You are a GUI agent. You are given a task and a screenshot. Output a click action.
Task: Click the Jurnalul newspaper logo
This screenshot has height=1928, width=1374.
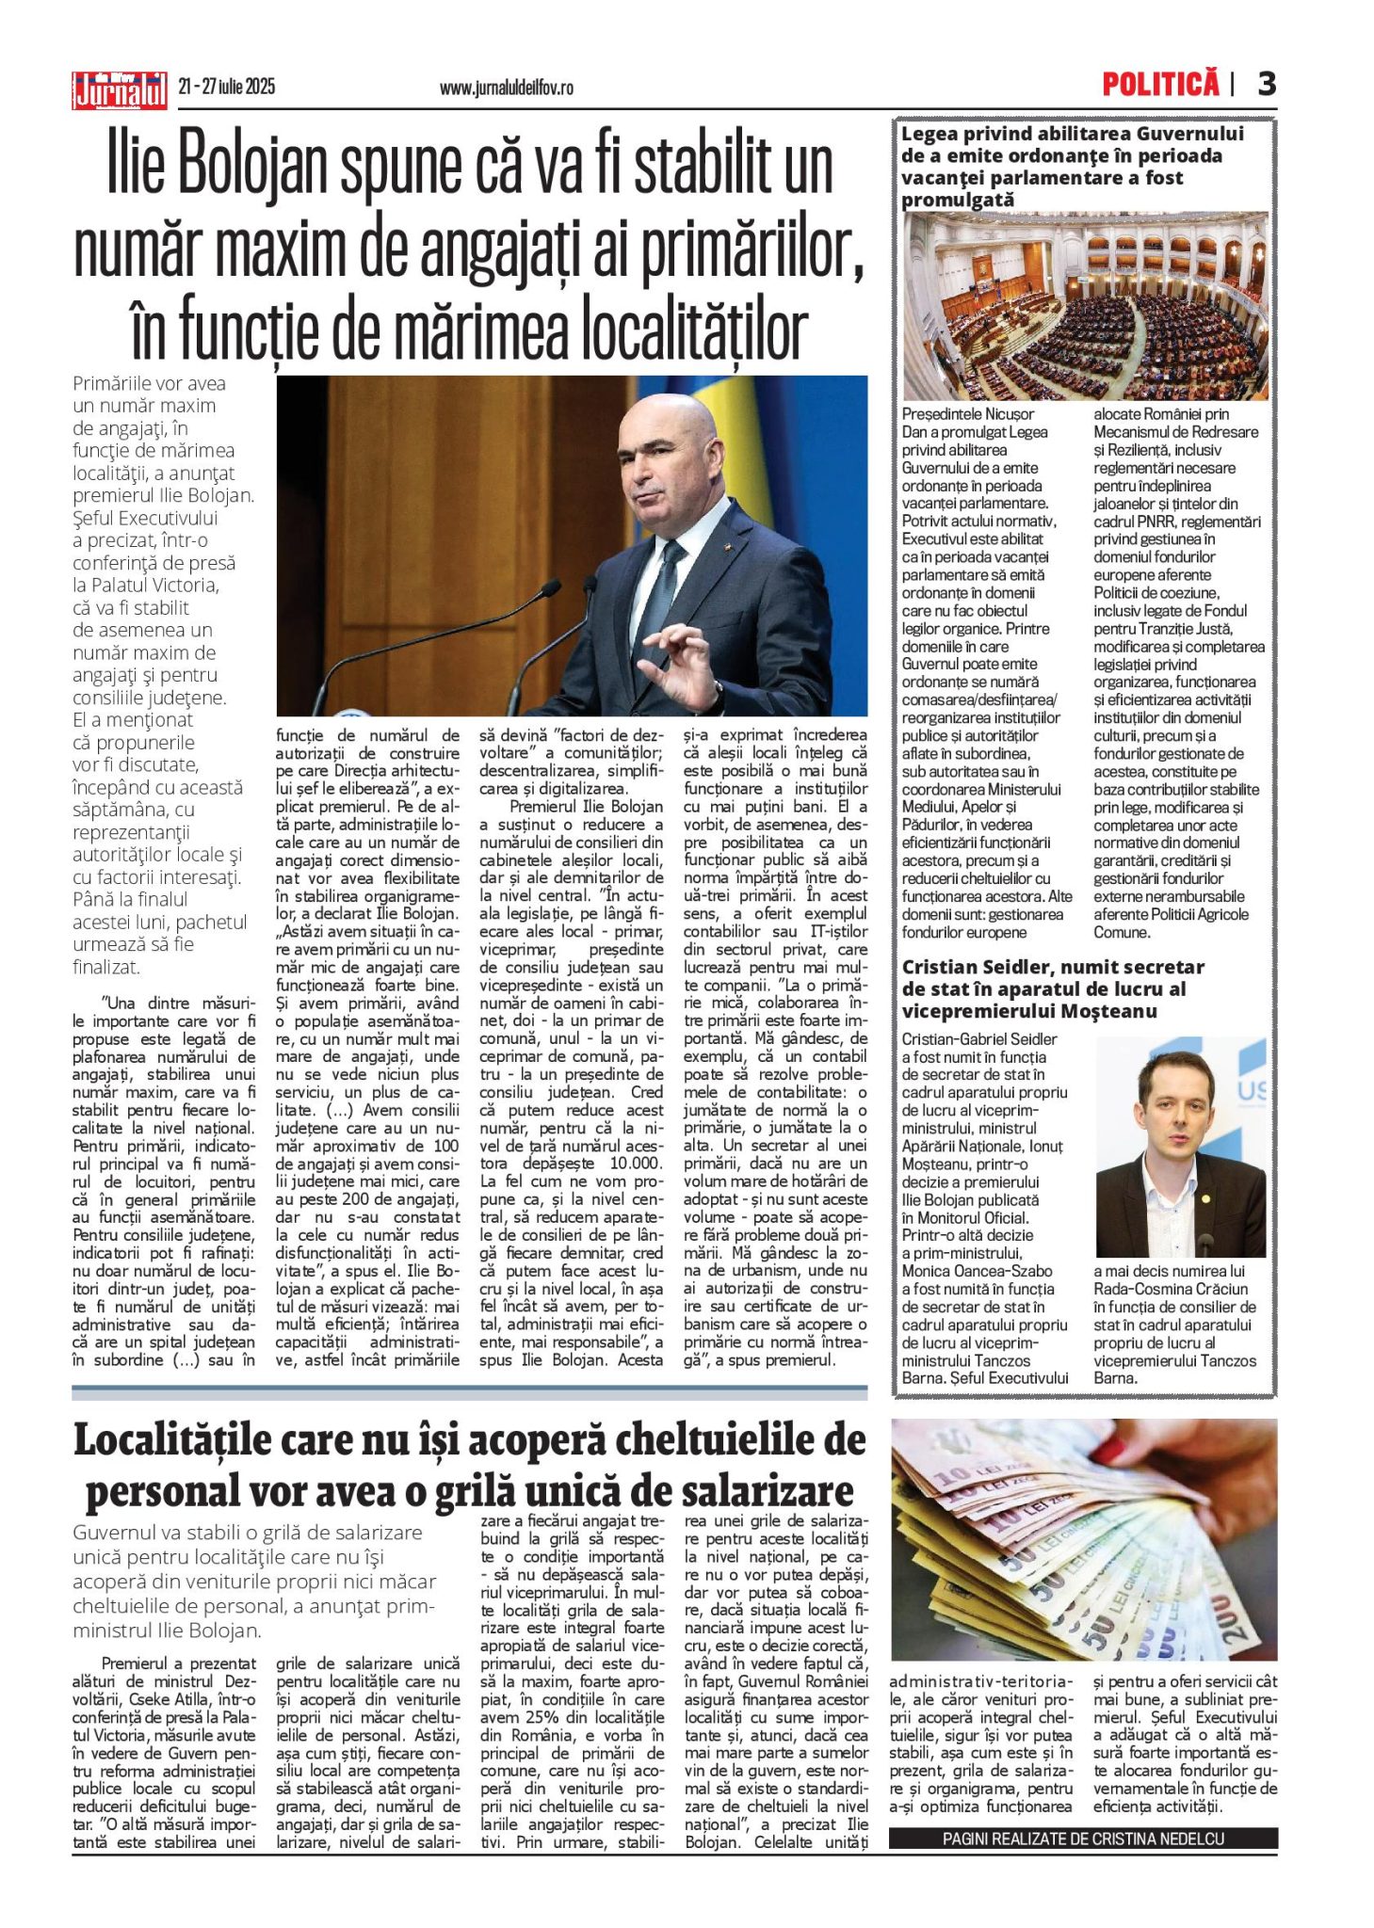120,90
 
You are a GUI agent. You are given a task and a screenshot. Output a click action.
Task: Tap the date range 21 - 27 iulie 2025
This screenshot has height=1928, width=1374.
227,88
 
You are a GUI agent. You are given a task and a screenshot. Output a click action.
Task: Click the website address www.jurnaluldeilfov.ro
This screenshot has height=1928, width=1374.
506,88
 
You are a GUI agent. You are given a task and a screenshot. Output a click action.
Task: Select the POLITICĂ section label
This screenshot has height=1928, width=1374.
1160,85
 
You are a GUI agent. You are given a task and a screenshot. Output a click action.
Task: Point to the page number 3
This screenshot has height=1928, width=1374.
1267,85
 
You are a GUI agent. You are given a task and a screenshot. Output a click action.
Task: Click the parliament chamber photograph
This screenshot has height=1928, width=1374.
1085,306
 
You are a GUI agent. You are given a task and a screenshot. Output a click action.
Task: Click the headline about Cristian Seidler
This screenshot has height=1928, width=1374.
1053,988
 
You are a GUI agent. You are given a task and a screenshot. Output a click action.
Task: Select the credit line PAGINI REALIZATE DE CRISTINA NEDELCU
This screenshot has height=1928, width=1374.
1083,1839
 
